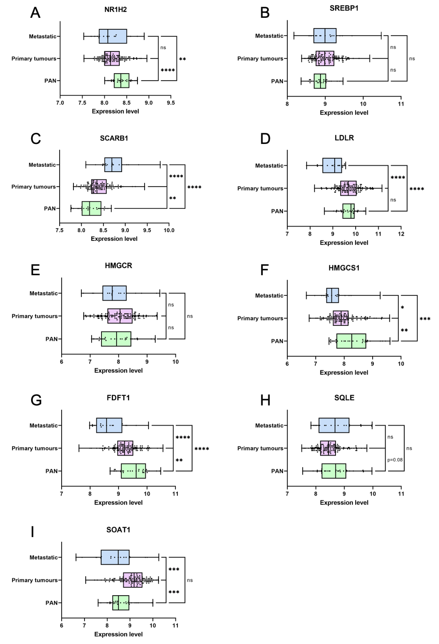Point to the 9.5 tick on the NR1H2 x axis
point(171,103)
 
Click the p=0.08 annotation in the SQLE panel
point(395,460)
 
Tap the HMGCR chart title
point(118,265)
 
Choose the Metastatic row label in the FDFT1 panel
point(44,425)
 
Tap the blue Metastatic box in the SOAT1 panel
point(115,557)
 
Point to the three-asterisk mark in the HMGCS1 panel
point(425,319)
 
